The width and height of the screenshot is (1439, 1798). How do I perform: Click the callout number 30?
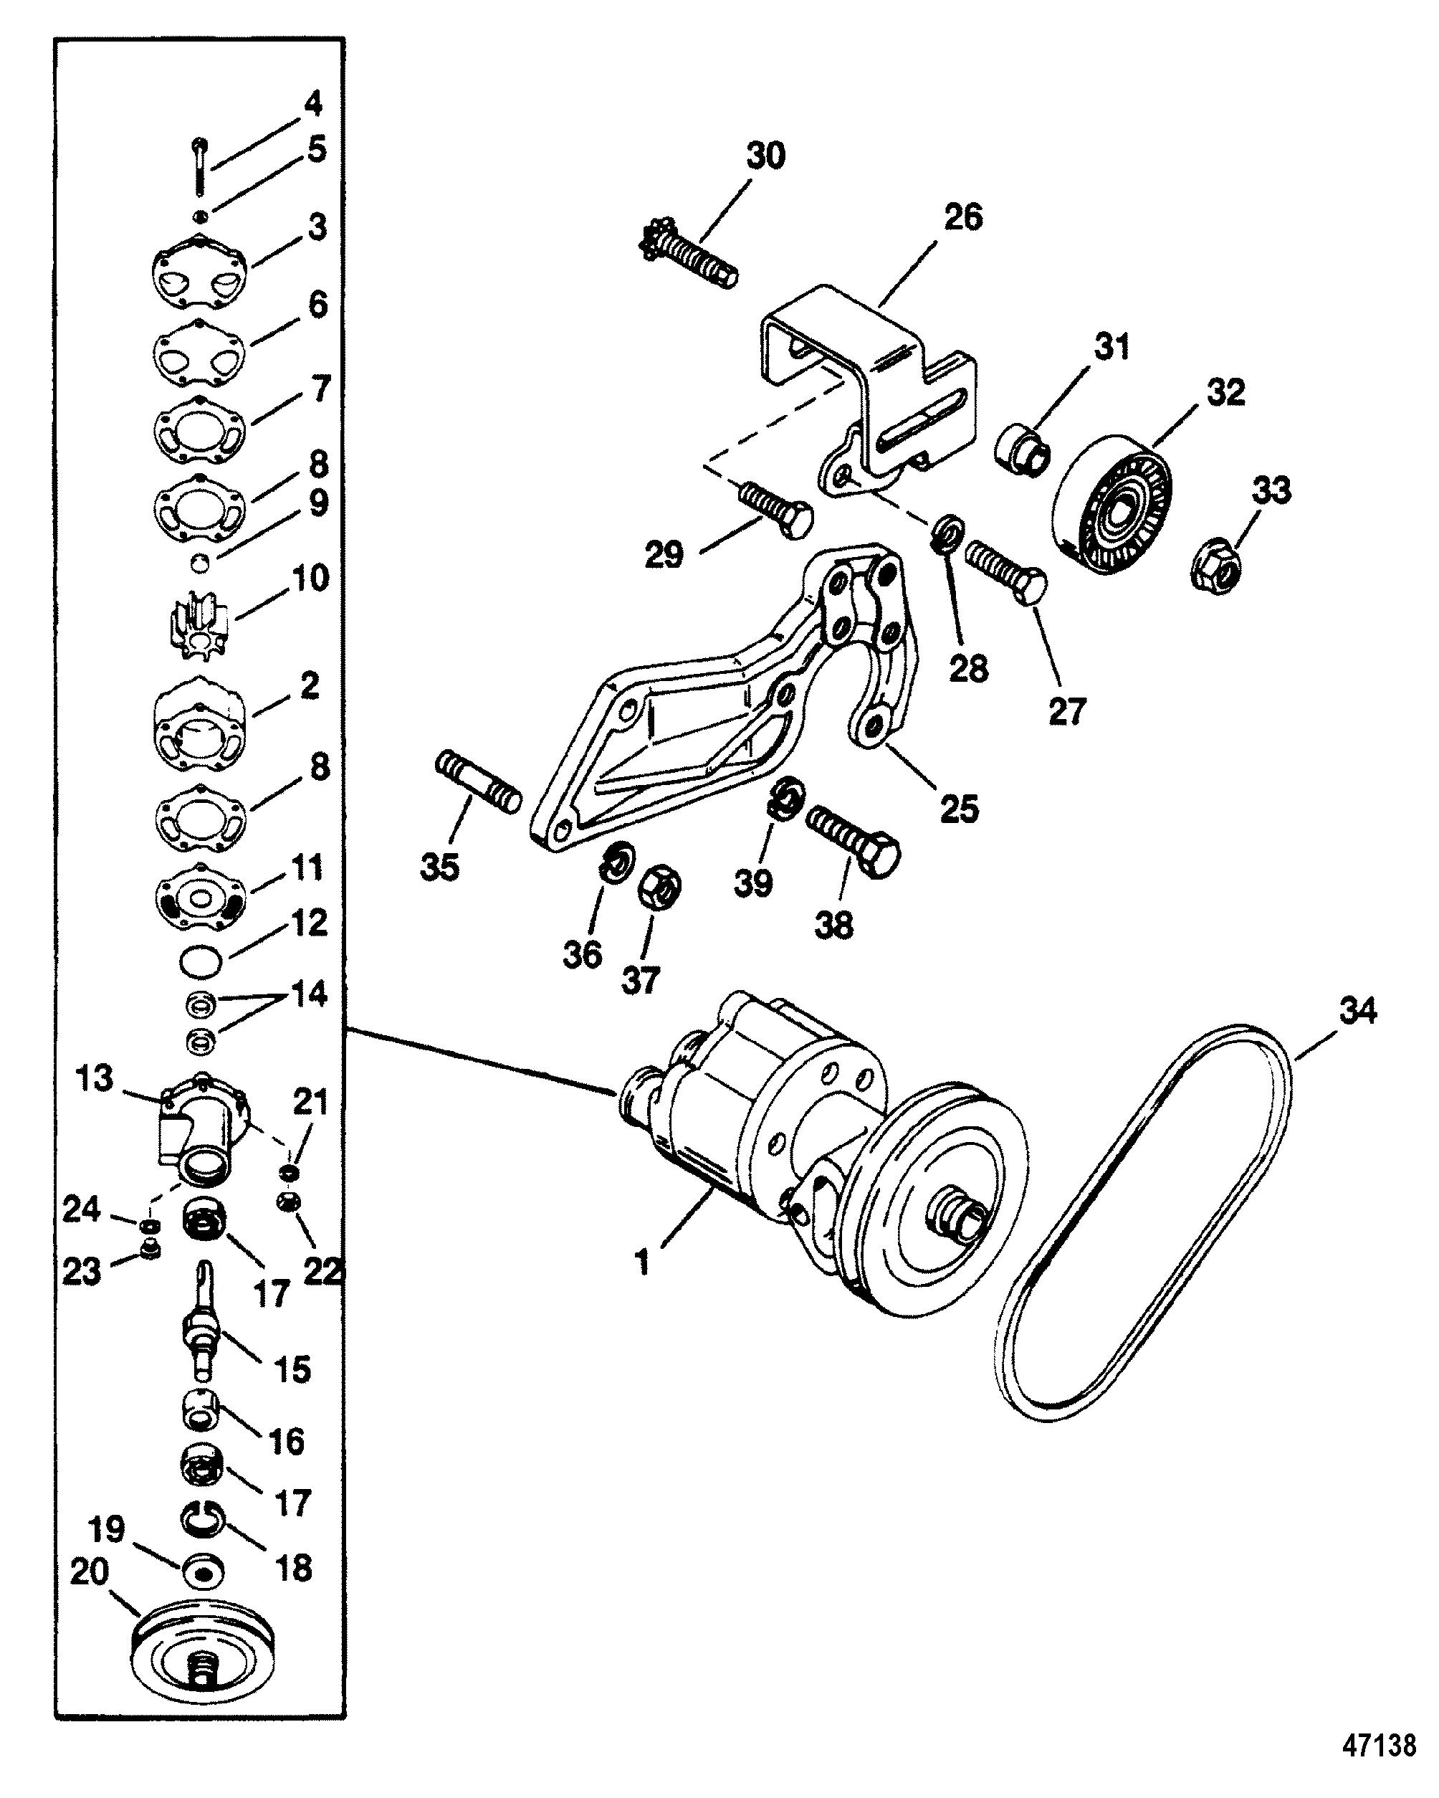[765, 156]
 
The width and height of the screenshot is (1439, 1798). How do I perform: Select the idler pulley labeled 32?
[1112, 505]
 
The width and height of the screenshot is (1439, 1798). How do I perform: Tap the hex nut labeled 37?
[660, 890]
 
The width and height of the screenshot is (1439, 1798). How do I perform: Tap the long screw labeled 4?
[199, 168]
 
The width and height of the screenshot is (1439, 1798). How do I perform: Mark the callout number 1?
[642, 1262]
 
